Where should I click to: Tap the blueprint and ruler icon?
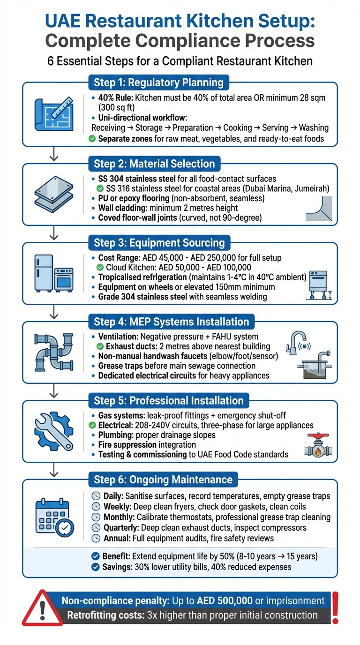(x=54, y=114)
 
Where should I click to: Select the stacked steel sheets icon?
(x=54, y=193)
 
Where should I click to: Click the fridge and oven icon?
(x=54, y=273)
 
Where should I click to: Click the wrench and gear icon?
(x=54, y=431)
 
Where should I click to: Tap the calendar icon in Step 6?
(x=54, y=512)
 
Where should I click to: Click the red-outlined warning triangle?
(x=43, y=608)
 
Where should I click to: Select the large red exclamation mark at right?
(x=336, y=607)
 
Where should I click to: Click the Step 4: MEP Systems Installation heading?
(x=172, y=322)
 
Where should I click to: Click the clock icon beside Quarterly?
(x=95, y=527)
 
